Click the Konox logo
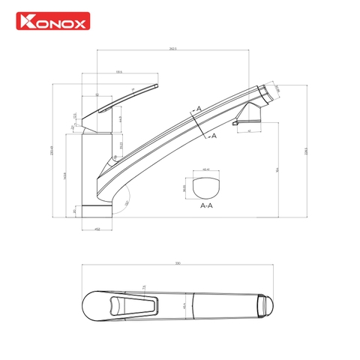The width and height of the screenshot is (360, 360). click(x=52, y=22)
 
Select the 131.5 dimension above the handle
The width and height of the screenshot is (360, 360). click(x=118, y=72)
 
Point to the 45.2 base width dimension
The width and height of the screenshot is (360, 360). click(x=97, y=229)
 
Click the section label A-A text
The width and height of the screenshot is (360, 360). click(x=206, y=205)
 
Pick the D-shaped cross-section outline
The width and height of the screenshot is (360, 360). click(x=206, y=186)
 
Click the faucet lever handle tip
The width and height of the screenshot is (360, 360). click(x=157, y=87)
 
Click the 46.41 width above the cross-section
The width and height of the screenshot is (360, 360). click(x=206, y=169)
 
